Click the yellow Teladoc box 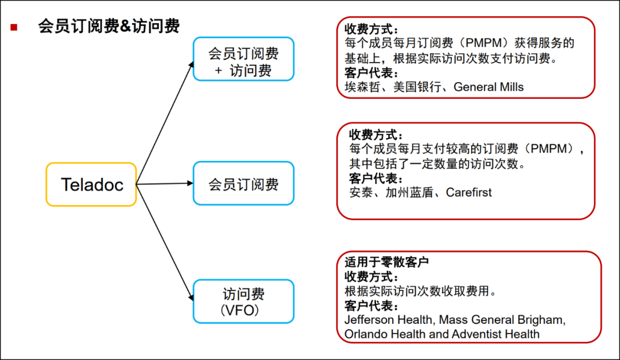(91, 184)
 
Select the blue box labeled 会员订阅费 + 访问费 (243, 59)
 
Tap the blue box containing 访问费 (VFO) (243, 301)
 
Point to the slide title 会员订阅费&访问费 (109, 26)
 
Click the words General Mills (489, 87)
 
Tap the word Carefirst (469, 193)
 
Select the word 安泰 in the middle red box (360, 193)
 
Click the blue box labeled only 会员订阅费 (243, 184)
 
